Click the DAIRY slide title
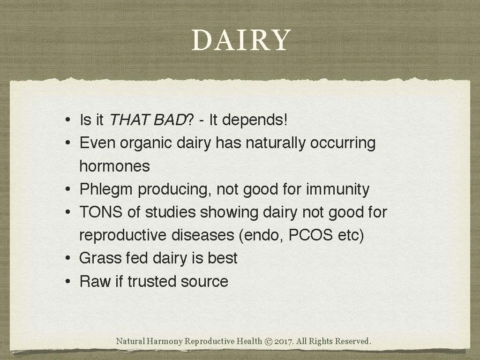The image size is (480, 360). pyautogui.click(x=241, y=41)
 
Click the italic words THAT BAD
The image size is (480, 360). pyautogui.click(x=147, y=120)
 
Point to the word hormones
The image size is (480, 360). pyautogui.click(x=114, y=166)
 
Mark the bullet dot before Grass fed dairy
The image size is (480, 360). pyautogui.click(x=68, y=258)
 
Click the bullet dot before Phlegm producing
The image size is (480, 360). pyautogui.click(x=68, y=190)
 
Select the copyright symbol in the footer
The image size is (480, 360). pyautogui.click(x=269, y=341)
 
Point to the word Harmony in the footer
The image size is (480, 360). pyautogui.click(x=165, y=341)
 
